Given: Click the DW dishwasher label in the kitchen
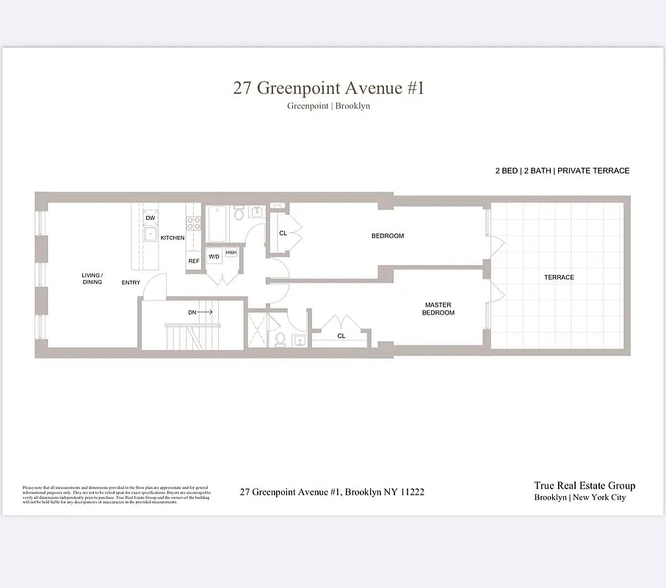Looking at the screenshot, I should [x=151, y=218].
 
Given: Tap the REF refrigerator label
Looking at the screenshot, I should [x=194, y=261].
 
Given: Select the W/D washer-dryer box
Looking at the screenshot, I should [x=214, y=257].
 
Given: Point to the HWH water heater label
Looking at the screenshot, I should [x=231, y=253].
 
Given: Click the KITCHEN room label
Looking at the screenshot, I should [x=173, y=237].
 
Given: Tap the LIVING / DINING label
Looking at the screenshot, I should [x=92, y=279].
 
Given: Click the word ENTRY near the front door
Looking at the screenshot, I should [x=131, y=282].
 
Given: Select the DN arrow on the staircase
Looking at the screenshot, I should [x=200, y=312].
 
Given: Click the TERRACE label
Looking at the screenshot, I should [x=559, y=277].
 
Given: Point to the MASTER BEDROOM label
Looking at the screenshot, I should [x=439, y=309].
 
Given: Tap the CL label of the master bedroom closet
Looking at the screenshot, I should [x=341, y=336].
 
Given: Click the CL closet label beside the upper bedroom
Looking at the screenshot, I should [x=283, y=233].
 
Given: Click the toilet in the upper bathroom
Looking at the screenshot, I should [x=239, y=215].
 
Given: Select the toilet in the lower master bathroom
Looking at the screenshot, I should [x=280, y=339].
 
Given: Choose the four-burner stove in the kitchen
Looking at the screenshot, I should [x=194, y=223].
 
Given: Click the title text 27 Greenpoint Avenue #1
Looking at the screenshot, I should [x=328, y=88].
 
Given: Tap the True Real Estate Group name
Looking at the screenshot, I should [x=584, y=485].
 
